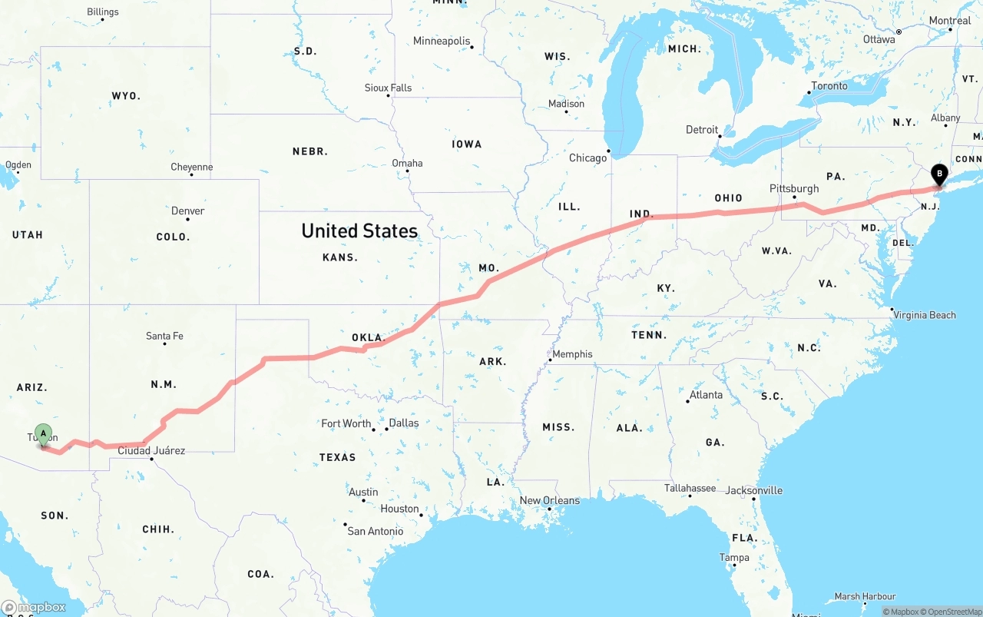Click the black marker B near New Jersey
tap(938, 174)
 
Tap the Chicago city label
tap(587, 158)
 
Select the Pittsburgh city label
tap(794, 188)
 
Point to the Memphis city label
tap(572, 354)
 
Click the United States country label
tap(359, 231)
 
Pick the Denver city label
tap(187, 211)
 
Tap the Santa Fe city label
tap(164, 336)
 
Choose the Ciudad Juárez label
tap(151, 450)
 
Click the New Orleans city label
tap(550, 500)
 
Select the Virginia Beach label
tap(924, 315)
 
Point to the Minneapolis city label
tap(442, 41)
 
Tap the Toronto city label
tap(829, 85)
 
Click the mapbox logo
tap(34, 607)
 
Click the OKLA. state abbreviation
tap(367, 337)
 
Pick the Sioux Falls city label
tap(388, 88)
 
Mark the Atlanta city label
tap(706, 395)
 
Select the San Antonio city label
tap(375, 531)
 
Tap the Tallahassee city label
tap(690, 488)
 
